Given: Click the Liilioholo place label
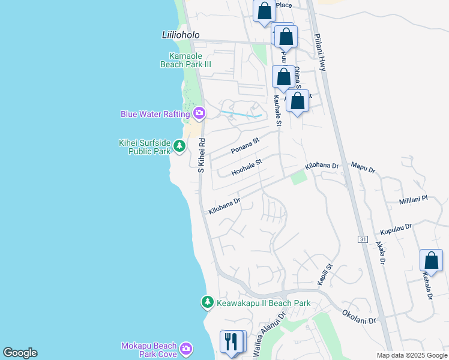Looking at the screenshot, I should pos(181,35).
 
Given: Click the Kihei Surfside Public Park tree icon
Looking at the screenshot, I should pos(179,146).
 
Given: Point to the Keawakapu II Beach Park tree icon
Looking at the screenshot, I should pos(207,302).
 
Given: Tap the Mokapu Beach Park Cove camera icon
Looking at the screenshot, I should pos(187,348).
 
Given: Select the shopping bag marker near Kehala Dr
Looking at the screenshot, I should pos(431,260).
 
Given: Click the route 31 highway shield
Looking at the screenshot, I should pos(363,239).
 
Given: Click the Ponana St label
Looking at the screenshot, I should pos(245,146).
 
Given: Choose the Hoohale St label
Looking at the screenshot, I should pos(247,167).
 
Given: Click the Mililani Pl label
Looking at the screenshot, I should pos(412,199).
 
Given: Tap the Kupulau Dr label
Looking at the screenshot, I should pos(396,229).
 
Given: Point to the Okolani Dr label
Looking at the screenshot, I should pos(359,316).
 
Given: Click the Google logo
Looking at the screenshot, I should pos(20,353).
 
